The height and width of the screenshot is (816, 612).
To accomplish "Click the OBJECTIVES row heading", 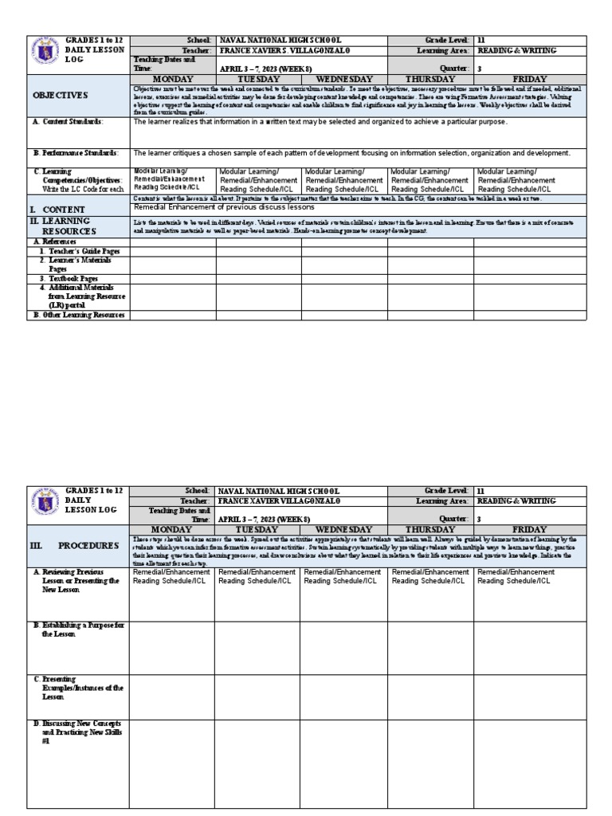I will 60,95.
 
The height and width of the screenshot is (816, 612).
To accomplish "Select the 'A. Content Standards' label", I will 69,122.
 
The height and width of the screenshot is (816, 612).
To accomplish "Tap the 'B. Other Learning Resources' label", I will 78,315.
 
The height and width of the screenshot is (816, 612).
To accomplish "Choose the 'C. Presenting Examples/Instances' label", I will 78,687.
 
